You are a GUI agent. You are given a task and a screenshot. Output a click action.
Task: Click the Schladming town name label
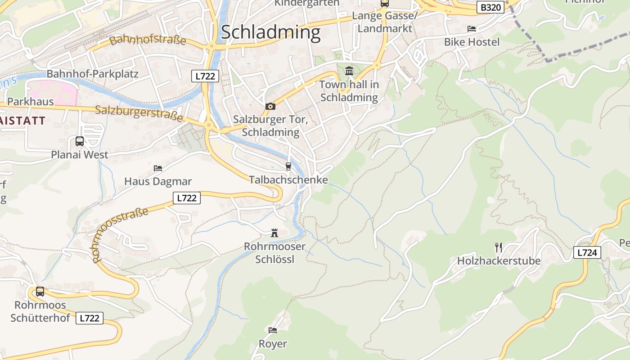(270, 32)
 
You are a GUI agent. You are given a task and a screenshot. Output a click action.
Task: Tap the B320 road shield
(490, 7)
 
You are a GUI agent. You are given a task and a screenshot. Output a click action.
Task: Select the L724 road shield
(587, 252)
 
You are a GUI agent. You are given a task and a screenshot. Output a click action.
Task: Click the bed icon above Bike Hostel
(472, 29)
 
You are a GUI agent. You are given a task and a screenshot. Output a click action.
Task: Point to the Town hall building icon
(349, 71)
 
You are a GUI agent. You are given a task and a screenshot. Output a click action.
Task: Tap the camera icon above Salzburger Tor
(270, 106)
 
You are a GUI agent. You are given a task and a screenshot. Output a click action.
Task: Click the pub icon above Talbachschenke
(288, 166)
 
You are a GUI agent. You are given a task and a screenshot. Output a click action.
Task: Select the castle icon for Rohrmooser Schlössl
(274, 233)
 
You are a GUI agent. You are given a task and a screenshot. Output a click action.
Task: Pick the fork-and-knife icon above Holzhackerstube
(499, 247)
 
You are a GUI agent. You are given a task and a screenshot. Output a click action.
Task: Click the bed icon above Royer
(273, 330)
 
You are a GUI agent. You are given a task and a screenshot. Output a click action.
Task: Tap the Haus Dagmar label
(158, 182)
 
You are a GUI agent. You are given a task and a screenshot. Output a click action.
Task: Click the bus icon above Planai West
(80, 141)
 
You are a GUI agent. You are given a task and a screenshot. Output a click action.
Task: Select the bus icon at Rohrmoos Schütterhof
(40, 292)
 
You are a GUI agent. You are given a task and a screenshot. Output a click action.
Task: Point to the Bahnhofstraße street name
(148, 40)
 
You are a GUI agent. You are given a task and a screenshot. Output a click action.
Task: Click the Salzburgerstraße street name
(139, 113)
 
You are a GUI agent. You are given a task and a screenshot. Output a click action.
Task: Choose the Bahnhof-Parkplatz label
(93, 74)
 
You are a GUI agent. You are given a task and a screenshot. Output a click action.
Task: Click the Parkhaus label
(30, 102)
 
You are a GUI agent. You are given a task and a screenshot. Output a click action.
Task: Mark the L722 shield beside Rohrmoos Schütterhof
(90, 318)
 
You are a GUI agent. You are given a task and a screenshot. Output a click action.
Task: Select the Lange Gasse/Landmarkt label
(385, 22)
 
